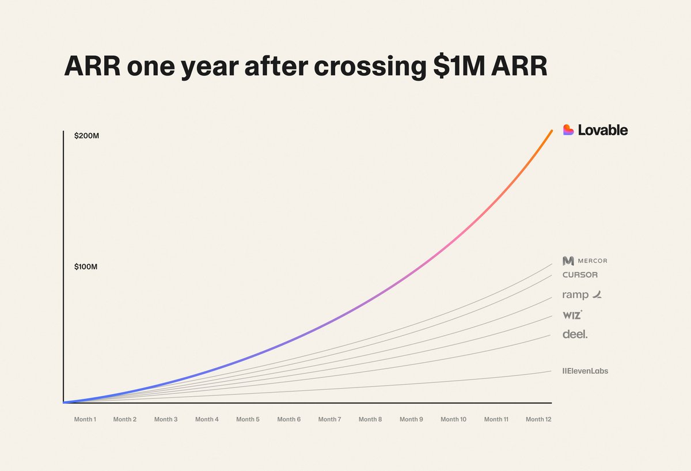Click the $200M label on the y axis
click(x=86, y=136)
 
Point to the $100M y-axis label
click(x=86, y=267)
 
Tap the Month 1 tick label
click(x=85, y=420)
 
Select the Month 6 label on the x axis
click(x=288, y=420)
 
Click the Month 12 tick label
click(x=538, y=420)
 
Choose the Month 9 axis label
click(x=411, y=420)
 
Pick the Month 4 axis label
click(x=207, y=420)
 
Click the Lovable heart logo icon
click(x=568, y=130)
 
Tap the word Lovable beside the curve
click(x=603, y=130)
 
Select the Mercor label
click(x=585, y=261)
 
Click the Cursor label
click(x=580, y=275)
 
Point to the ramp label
click(x=582, y=295)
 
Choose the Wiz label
click(x=572, y=315)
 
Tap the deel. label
click(x=575, y=334)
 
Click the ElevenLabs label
click(x=585, y=371)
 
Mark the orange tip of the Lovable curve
click(x=550, y=132)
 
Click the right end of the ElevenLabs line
click(x=550, y=371)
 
